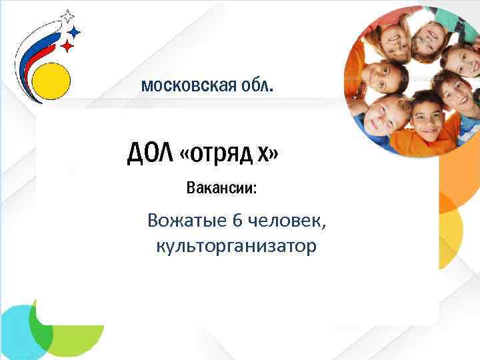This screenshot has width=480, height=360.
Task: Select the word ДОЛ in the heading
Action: (x=151, y=154)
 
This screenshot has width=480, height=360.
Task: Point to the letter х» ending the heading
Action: (x=269, y=155)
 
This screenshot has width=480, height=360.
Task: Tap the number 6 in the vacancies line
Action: (x=241, y=219)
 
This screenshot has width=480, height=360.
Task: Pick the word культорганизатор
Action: (x=237, y=246)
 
